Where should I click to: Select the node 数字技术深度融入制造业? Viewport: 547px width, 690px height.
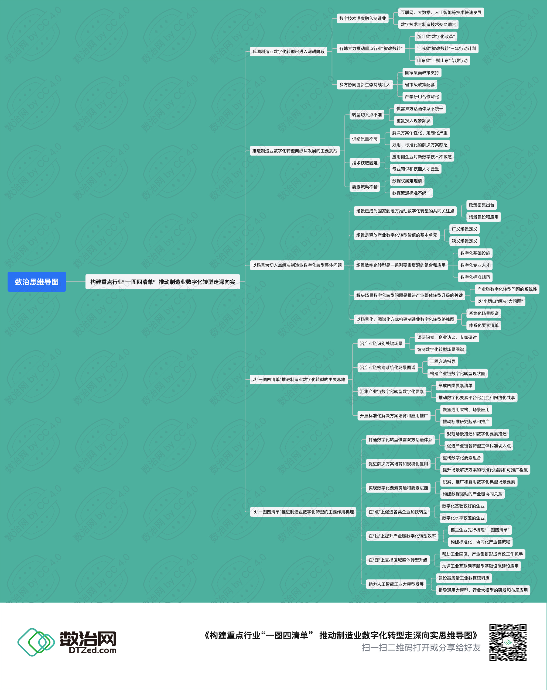363,19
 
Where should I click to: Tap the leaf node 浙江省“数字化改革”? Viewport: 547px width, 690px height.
436,36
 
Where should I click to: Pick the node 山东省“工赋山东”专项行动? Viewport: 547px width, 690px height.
442,60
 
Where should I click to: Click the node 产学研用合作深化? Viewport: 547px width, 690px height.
422,97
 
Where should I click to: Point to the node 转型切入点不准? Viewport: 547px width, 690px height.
367,115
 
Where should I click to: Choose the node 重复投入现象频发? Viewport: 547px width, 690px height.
413,121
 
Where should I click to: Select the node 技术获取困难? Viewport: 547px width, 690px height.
364,163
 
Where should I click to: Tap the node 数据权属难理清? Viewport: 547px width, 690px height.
407,181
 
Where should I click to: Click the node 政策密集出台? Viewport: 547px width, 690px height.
481,205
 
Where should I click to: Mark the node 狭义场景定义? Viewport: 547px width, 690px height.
464,241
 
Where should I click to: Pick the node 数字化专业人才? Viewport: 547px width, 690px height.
475,265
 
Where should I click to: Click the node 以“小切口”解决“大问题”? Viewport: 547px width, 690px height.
500,301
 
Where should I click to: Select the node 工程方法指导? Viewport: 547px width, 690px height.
443,361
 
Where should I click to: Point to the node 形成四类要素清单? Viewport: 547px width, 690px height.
455,385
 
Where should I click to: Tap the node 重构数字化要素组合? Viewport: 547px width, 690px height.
461,458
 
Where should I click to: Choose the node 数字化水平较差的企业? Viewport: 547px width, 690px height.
463,518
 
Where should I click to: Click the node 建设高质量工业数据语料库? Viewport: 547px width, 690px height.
464,578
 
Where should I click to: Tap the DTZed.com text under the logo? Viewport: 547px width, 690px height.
93,650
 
